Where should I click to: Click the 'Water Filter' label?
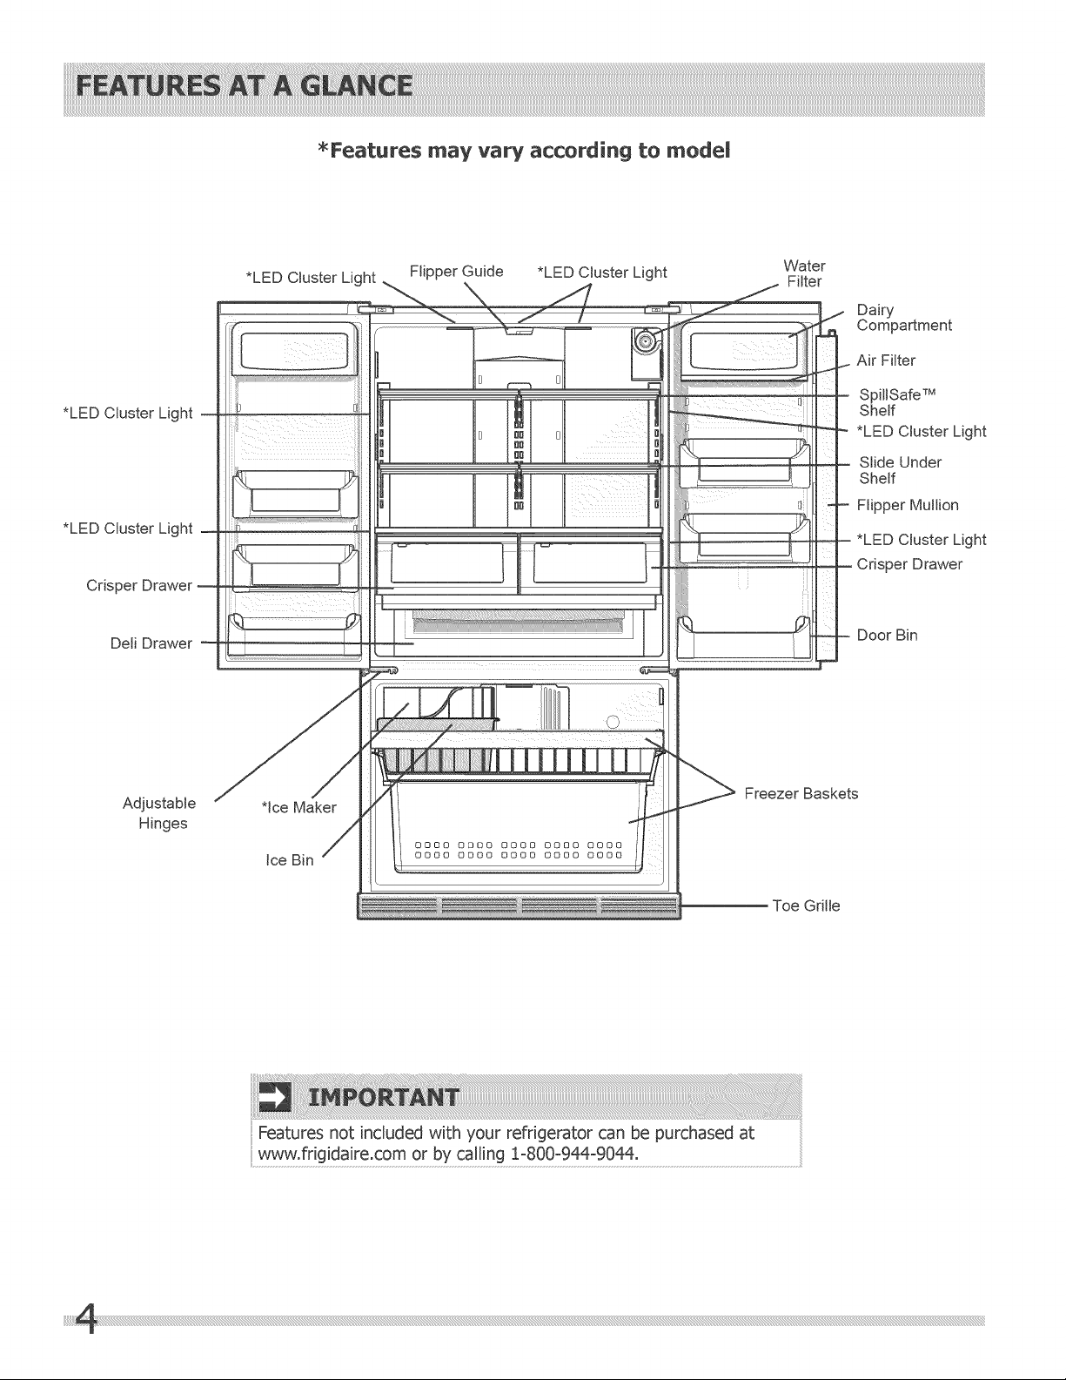point(804,273)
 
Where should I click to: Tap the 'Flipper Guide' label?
point(456,272)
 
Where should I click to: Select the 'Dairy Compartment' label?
point(904,318)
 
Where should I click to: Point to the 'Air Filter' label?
point(886,360)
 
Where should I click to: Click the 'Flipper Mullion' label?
point(908,506)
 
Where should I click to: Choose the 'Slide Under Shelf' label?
point(901,470)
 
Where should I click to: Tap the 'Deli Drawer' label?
point(151,643)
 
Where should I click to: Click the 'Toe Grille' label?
point(806,905)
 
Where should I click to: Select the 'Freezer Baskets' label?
point(801,794)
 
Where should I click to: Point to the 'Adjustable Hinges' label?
point(160,813)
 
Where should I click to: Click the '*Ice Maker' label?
point(298,808)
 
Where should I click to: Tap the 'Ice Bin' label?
point(289,860)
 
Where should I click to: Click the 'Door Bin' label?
point(887,636)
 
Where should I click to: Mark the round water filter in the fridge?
point(646,341)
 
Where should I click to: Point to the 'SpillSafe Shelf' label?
point(897,402)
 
